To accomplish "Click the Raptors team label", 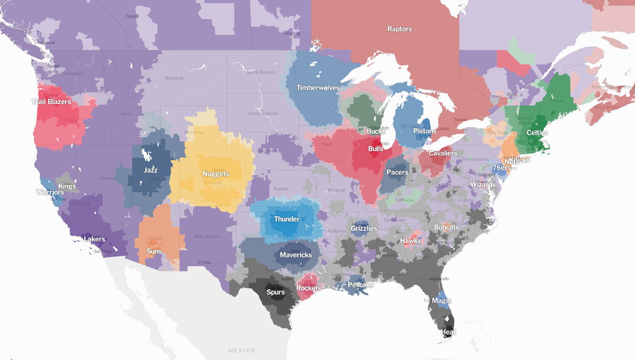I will point(400,29).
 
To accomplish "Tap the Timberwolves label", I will point(317,88).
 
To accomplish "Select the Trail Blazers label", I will point(51,102).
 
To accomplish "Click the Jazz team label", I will point(151,170).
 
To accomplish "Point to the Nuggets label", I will point(215,174).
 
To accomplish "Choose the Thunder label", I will point(287,219).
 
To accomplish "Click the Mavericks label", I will point(296,255).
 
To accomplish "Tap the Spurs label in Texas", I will point(275,292).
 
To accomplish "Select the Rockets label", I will point(309,288).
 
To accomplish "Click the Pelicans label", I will point(361,285).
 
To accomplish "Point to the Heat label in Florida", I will point(448,332).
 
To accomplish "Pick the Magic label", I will point(441,300).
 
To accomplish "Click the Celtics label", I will point(537,132).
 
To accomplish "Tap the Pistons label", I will point(425,131).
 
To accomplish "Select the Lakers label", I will point(95,239).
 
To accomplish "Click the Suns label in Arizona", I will point(154,251).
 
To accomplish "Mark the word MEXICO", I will point(242,350).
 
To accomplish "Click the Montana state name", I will point(174,78).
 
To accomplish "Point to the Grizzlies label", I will point(364,229).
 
